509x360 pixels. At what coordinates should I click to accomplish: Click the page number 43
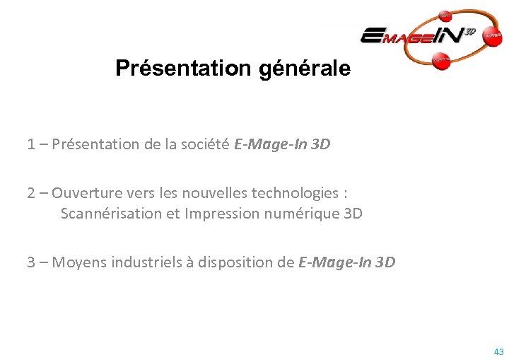[499, 352]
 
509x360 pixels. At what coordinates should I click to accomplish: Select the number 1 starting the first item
[31, 145]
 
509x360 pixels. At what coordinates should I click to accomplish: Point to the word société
[204, 145]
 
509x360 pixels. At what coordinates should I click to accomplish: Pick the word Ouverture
[83, 193]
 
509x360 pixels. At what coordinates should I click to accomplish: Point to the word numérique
[298, 214]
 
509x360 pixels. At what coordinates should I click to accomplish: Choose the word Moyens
[76, 262]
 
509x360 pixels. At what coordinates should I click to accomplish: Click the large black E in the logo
[372, 35]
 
